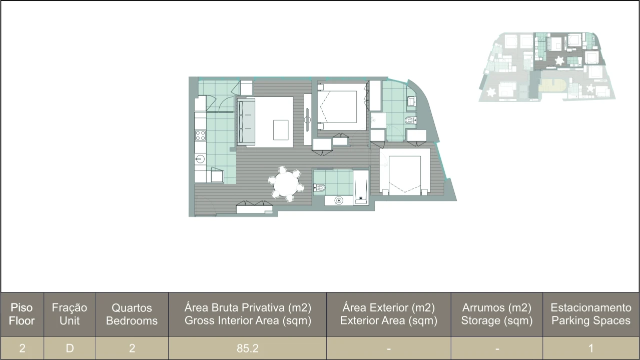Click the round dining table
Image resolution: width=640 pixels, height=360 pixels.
click(x=286, y=184)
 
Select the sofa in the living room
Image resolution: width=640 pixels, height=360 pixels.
click(x=245, y=121)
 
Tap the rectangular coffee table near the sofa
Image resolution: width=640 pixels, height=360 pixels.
click(x=281, y=130)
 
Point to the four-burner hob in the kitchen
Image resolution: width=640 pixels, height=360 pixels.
click(x=200, y=134)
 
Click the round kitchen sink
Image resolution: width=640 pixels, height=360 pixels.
click(x=200, y=159)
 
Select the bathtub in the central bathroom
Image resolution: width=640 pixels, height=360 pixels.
click(x=361, y=186)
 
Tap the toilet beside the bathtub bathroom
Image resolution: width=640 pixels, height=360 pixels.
click(x=320, y=188)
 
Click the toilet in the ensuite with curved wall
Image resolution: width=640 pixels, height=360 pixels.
click(x=410, y=120)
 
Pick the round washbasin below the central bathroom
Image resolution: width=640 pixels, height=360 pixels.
click(x=339, y=200)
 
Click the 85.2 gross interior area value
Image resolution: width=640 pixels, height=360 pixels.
click(x=248, y=348)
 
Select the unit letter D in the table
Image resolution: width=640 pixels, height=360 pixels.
click(x=70, y=348)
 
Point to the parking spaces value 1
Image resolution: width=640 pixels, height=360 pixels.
click(x=591, y=348)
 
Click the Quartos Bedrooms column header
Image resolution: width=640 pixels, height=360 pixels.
click(x=132, y=314)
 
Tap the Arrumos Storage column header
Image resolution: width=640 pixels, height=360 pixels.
click(x=496, y=314)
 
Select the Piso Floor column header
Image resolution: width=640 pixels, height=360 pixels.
click(x=22, y=314)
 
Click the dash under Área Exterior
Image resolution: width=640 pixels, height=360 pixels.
click(x=388, y=348)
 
